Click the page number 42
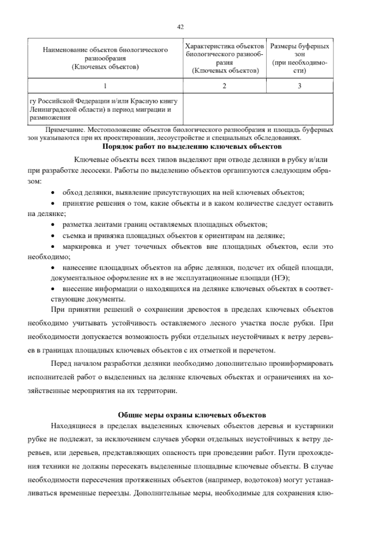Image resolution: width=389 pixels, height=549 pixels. point(181,28)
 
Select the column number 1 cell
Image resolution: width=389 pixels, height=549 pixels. point(105,86)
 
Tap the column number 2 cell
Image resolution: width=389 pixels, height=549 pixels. point(224,86)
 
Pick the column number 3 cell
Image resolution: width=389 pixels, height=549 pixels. point(300,86)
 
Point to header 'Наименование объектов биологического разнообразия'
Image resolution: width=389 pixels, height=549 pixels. point(105,54)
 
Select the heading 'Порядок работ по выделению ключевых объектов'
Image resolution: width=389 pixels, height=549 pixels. point(192,147)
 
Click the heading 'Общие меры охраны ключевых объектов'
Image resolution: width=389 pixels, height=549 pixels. point(192,415)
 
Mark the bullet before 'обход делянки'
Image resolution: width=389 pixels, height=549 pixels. point(53,193)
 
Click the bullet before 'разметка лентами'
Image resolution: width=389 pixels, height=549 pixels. point(53,224)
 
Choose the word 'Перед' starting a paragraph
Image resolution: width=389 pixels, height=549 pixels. point(61,364)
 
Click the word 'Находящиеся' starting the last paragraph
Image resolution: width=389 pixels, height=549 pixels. point(73,426)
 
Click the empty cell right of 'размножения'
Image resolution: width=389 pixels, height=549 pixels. point(258,109)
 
